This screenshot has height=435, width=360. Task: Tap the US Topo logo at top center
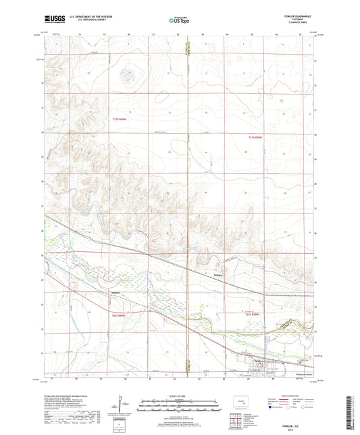coord(179,20)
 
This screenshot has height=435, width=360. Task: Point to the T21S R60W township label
coord(119,120)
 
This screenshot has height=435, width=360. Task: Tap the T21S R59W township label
coord(255,138)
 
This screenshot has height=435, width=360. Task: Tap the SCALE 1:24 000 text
coord(179,396)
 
